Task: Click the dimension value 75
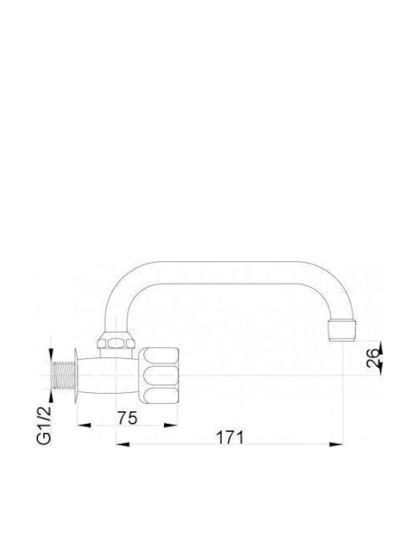(x=128, y=418)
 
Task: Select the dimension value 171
(x=231, y=437)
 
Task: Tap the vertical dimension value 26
(x=372, y=357)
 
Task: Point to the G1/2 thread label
(x=44, y=425)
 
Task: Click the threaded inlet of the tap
(x=63, y=375)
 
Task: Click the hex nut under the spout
(x=116, y=343)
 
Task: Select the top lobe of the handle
(x=160, y=356)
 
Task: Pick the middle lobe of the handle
(x=160, y=375)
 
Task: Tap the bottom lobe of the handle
(x=160, y=394)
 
